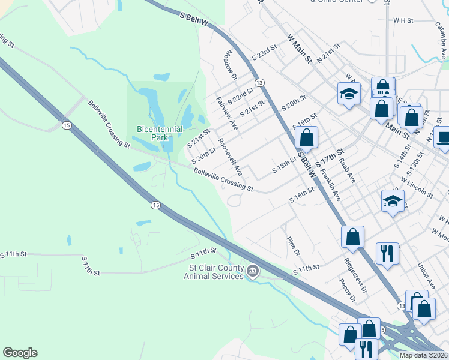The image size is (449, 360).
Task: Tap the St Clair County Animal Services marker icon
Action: [253, 272]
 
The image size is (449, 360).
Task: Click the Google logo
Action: [20, 353]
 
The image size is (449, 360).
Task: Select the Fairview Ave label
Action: [227, 113]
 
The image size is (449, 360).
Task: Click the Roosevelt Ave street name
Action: [230, 157]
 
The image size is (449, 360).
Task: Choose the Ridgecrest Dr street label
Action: [355, 275]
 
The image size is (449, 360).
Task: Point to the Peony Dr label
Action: [347, 290]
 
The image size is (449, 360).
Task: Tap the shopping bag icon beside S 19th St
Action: [306, 137]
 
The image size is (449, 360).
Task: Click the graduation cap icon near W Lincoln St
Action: [393, 200]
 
